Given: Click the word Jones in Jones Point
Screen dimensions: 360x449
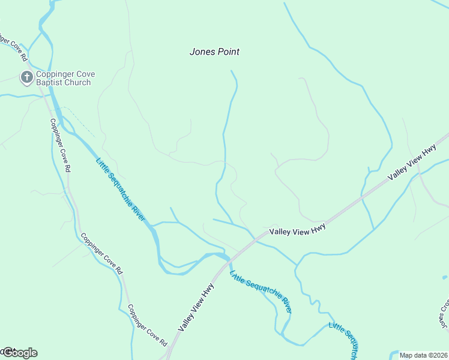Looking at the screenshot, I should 202,52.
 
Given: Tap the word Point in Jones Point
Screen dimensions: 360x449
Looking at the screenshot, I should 228,52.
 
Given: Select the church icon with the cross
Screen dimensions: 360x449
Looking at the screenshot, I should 26,77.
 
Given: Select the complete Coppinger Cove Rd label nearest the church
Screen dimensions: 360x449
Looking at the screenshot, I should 60,144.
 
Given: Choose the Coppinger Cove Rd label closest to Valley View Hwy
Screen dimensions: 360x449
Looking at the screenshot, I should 148,325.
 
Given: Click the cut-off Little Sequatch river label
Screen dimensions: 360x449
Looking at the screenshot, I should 345,339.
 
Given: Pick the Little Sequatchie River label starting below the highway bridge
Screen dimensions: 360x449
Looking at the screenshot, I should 261,292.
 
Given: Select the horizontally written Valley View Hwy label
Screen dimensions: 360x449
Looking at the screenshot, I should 297,230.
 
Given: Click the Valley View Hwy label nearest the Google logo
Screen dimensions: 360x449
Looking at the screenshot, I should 196,308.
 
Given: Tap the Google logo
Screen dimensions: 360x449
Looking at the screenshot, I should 20,353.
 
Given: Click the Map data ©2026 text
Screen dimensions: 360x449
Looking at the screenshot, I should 424,355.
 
